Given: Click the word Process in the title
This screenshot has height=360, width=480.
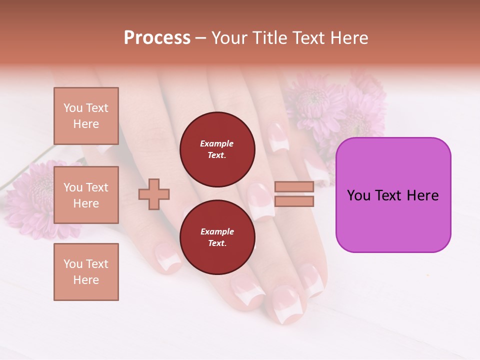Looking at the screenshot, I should (x=157, y=38).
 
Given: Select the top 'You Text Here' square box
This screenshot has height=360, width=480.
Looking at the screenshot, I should (x=86, y=116).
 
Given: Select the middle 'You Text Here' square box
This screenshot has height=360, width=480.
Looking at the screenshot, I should (x=86, y=195).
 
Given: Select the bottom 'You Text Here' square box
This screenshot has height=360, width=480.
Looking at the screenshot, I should (x=86, y=272).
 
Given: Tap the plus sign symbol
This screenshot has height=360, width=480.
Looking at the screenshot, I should (x=154, y=194).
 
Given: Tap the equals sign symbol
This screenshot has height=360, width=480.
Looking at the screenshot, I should (x=294, y=194).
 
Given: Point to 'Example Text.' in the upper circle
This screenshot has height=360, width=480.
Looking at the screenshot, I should (x=217, y=149).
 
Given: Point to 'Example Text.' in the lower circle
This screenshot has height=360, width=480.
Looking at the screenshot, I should (x=217, y=237).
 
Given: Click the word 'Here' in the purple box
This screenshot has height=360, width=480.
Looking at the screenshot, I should (x=423, y=195).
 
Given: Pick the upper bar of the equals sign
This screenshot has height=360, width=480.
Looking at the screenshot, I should (x=294, y=187).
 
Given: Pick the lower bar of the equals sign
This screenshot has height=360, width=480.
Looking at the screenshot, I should (x=294, y=201).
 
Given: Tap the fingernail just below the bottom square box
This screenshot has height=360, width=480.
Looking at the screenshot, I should (x=167, y=257).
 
